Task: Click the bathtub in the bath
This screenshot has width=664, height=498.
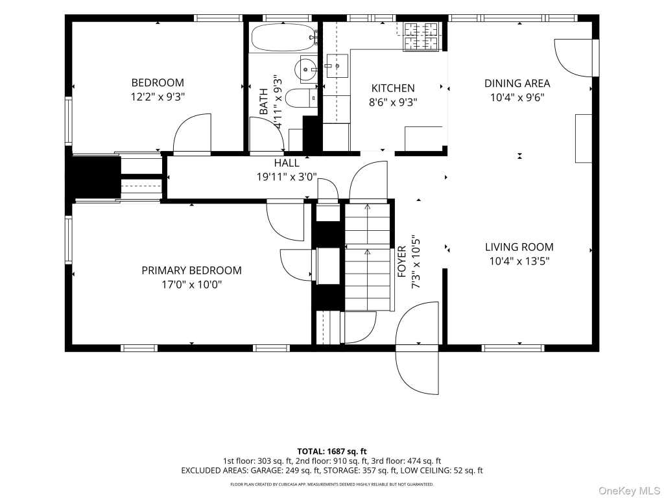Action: coord(284,38)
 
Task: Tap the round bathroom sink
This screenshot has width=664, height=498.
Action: coord(307,69)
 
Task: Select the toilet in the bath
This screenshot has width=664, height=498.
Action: coord(302,99)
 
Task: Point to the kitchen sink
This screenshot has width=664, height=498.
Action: coord(337,66)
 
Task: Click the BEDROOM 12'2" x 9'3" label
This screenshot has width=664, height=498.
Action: coord(158,89)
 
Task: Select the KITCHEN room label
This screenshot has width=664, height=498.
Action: coord(393,88)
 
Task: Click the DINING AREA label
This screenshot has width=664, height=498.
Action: coord(517,84)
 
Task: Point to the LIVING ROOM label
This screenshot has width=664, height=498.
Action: coord(519,247)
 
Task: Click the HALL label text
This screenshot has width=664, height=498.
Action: coord(287,163)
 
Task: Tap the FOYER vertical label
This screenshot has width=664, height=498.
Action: coord(402,262)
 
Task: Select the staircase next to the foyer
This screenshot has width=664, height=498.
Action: coord(367,257)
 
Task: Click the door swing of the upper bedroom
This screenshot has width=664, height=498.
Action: coord(192,134)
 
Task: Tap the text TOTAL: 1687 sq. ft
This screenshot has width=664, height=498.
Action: coord(332,451)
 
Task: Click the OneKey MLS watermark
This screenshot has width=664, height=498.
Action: coord(629,490)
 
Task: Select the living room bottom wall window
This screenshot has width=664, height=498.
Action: coord(513,348)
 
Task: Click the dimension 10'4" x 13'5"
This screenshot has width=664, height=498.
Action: coord(519,261)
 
